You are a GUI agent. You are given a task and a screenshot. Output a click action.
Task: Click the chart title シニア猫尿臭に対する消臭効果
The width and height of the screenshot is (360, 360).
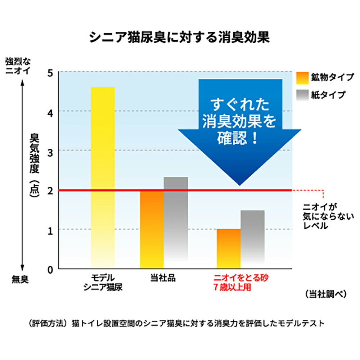tap(179, 37)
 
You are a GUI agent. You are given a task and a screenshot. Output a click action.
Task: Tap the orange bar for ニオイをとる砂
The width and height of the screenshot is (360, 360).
tap(229, 249)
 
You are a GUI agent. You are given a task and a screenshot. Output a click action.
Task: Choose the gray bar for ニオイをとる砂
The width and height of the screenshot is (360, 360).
tap(252, 239)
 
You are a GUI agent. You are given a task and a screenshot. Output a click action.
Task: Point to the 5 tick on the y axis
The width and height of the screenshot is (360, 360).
tap(50, 73)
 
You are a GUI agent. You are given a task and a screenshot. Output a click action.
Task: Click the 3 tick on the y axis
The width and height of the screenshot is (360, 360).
tap(50, 152)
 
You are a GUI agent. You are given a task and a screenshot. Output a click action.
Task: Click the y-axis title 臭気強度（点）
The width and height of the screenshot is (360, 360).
tap(34, 164)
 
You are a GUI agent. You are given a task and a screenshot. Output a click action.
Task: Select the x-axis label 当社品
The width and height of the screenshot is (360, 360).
tap(163, 278)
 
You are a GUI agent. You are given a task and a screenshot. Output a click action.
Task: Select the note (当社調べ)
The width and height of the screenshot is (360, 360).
tap(325, 294)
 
